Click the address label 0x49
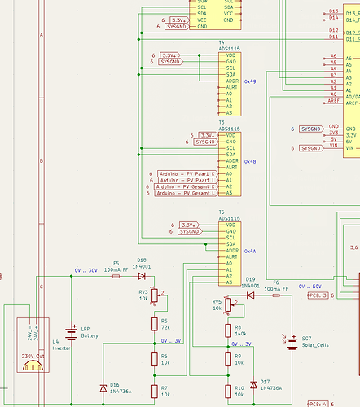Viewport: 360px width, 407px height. coord(249,81)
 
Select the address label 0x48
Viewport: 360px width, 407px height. coord(249,161)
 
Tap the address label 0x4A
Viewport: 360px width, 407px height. coord(249,252)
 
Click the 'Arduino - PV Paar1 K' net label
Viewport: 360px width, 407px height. coord(186,174)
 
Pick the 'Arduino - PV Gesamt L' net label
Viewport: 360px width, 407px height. coord(186,194)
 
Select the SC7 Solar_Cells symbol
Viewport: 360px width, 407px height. coord(291,341)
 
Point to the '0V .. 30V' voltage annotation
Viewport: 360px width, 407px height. coord(86,270)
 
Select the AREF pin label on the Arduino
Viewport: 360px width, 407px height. coord(334,101)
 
